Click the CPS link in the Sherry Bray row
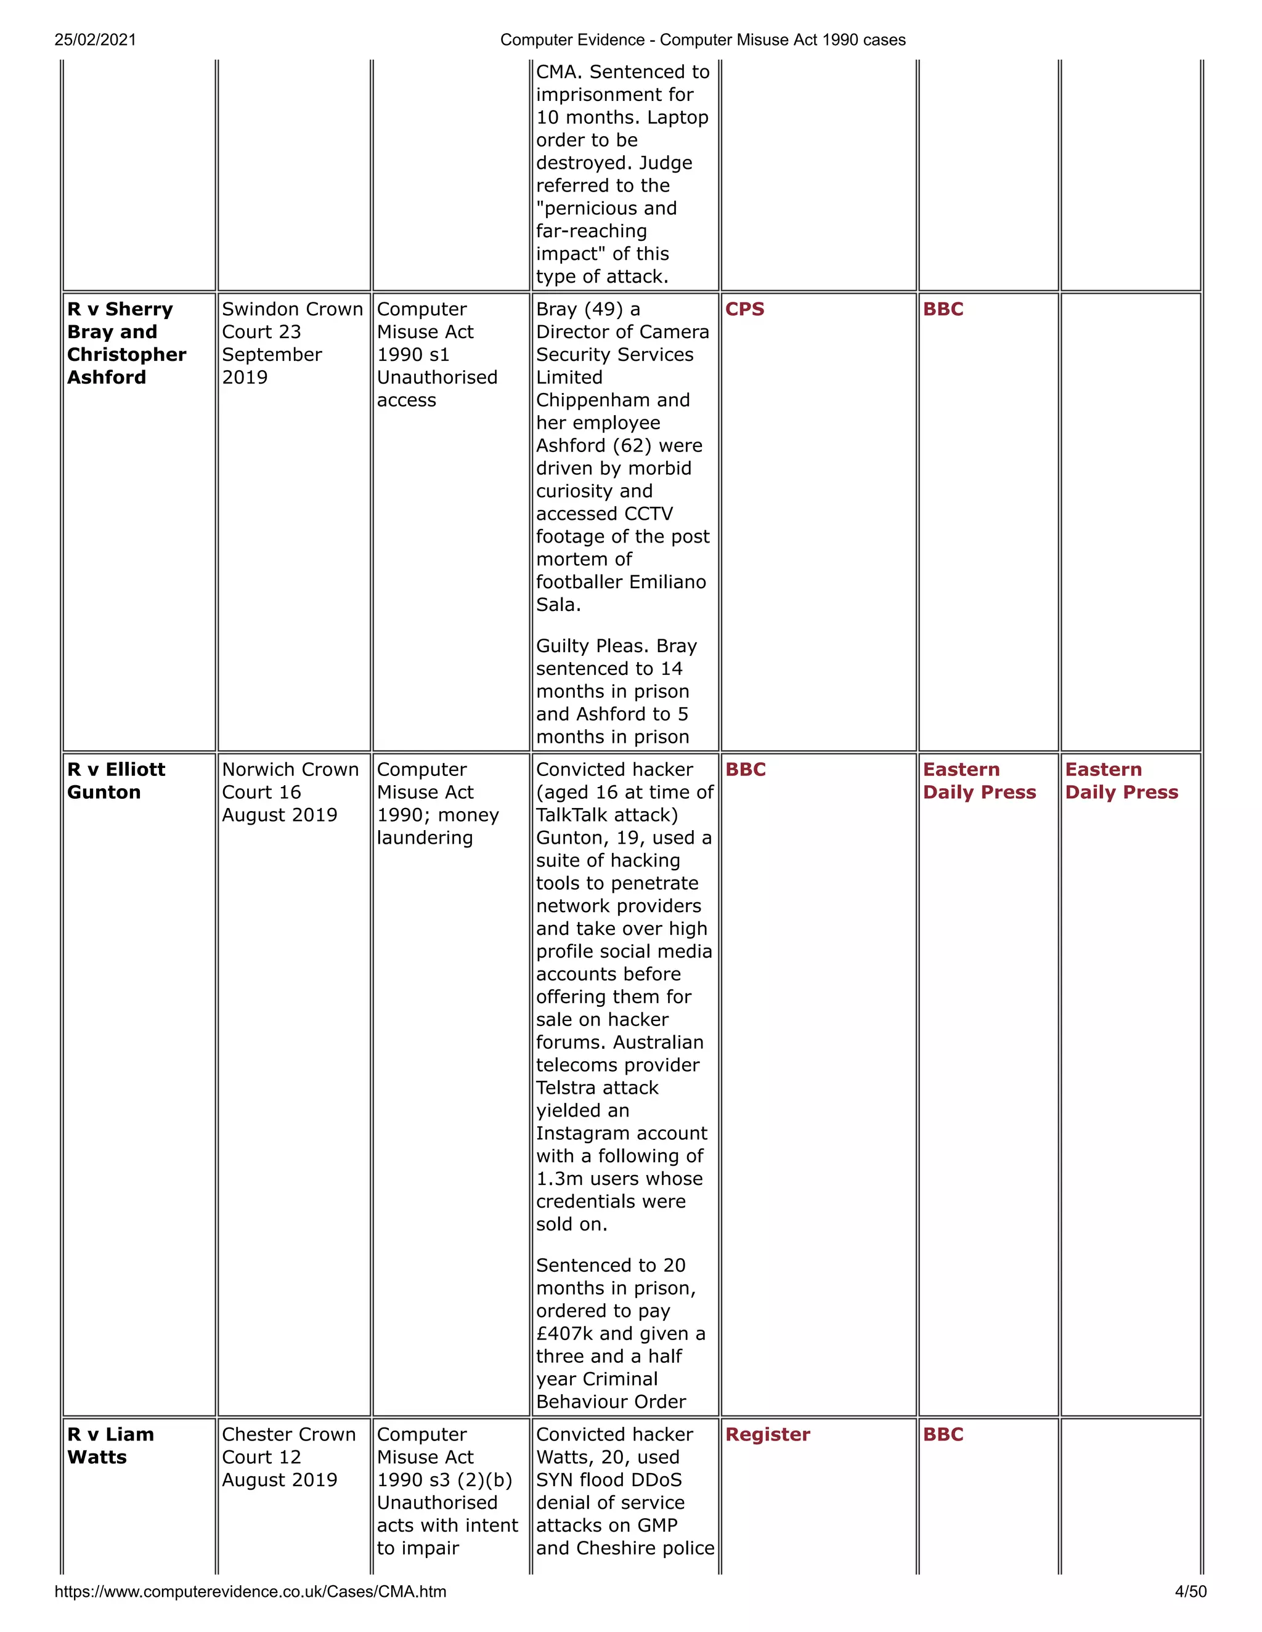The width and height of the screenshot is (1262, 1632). point(744,309)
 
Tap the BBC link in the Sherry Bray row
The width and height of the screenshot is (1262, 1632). point(943,309)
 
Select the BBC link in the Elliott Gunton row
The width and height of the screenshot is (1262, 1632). point(746,770)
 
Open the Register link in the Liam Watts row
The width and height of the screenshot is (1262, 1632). point(767,1435)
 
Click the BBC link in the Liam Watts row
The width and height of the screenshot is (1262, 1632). point(943,1435)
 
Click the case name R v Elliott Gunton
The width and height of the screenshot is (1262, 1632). point(116,781)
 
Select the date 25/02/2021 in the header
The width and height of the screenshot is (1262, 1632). point(95,39)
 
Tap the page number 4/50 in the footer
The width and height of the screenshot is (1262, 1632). point(1191,1591)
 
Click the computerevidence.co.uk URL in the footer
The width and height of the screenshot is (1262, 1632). point(250,1591)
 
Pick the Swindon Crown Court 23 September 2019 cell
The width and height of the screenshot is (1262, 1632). point(291,343)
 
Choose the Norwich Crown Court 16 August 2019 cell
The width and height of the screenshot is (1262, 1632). point(290,792)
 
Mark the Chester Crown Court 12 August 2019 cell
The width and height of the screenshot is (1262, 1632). point(288,1457)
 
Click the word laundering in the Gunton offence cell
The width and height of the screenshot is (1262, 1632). point(425,838)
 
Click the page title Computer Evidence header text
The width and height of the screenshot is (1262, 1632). point(702,39)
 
